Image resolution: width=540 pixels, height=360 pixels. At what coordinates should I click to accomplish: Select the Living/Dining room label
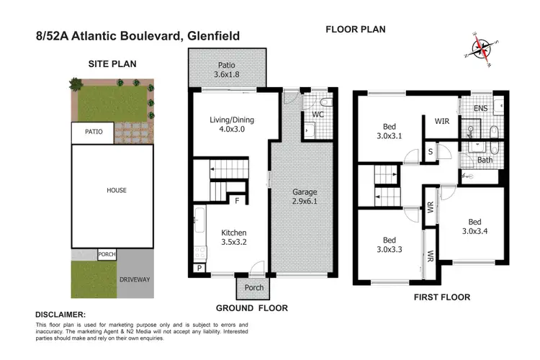tap(230, 125)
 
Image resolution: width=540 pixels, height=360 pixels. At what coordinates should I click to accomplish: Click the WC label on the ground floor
tap(318, 114)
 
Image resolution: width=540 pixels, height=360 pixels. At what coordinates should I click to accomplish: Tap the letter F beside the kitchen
tap(237, 201)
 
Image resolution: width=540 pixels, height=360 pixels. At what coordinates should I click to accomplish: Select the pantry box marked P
tap(199, 268)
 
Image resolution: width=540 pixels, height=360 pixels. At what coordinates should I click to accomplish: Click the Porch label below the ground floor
tap(253, 288)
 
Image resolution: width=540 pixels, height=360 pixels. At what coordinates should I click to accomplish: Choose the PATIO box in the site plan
tap(94, 132)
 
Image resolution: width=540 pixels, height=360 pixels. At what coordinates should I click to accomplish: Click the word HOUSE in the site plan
tap(116, 191)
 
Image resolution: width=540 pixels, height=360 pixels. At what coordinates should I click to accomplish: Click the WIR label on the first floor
tap(442, 122)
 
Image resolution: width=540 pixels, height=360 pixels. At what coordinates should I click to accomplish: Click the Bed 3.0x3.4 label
tap(474, 227)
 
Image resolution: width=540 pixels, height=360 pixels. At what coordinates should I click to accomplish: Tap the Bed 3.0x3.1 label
tap(390, 128)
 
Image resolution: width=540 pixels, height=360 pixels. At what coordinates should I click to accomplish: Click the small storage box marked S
tap(430, 152)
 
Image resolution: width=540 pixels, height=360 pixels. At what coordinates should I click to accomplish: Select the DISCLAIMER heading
tap(60, 315)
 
